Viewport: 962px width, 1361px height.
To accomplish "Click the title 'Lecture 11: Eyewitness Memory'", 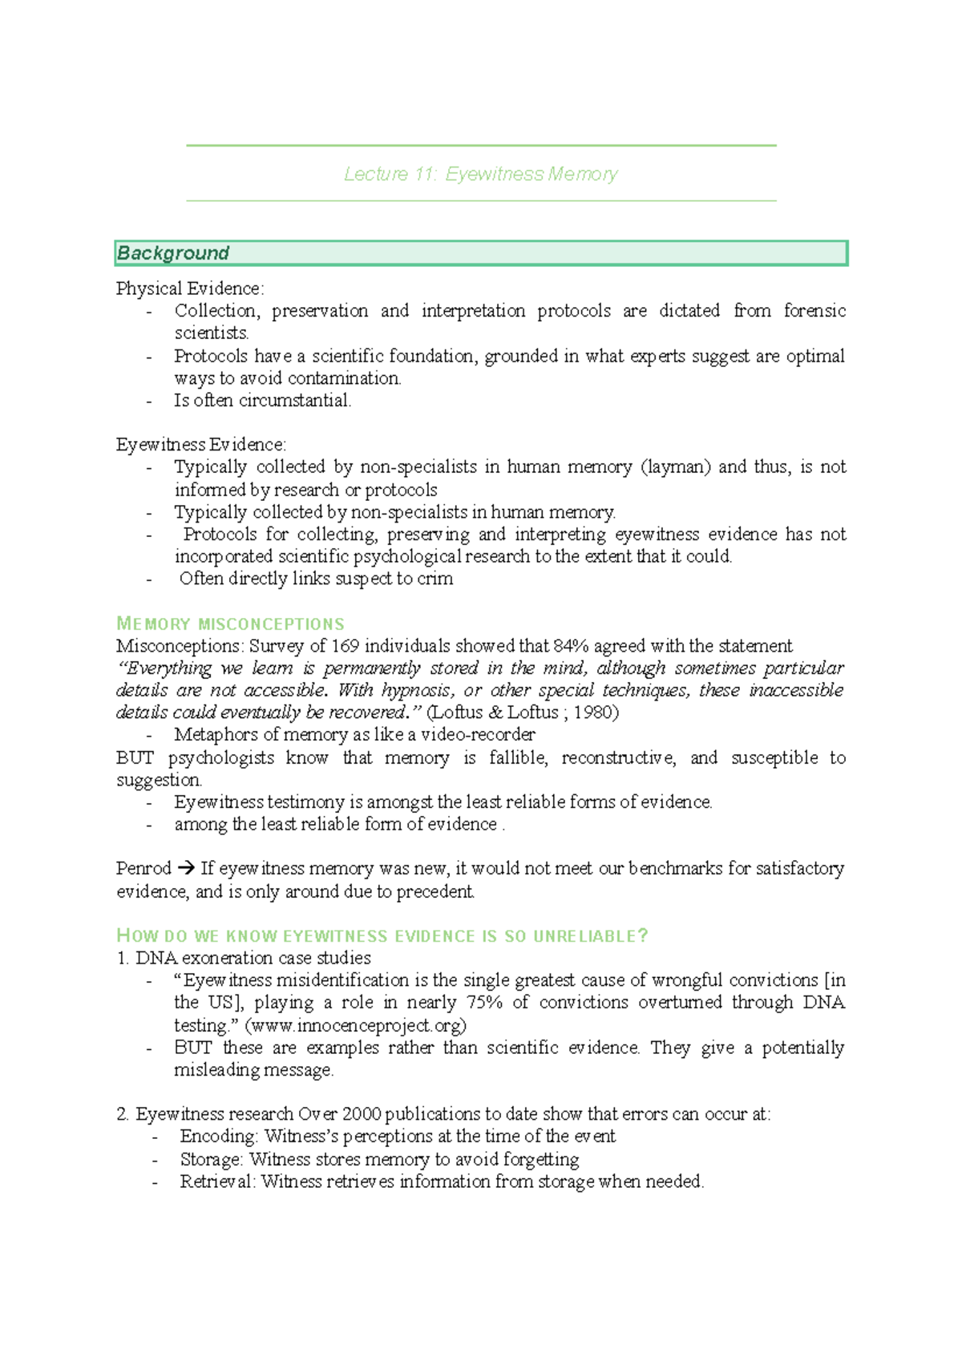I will click(x=481, y=174).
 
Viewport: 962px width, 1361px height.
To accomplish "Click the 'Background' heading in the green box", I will click(x=173, y=253).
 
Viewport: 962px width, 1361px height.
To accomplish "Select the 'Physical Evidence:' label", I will click(x=190, y=289).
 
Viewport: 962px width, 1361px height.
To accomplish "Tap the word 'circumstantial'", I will click(x=302, y=401).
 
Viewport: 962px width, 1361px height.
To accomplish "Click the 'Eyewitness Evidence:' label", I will click(x=201, y=445).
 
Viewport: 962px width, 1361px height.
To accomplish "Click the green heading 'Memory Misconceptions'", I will click(x=230, y=624).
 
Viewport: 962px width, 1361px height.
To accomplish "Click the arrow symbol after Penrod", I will click(x=186, y=869).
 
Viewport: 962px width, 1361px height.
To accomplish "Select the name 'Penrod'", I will click(x=143, y=869).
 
